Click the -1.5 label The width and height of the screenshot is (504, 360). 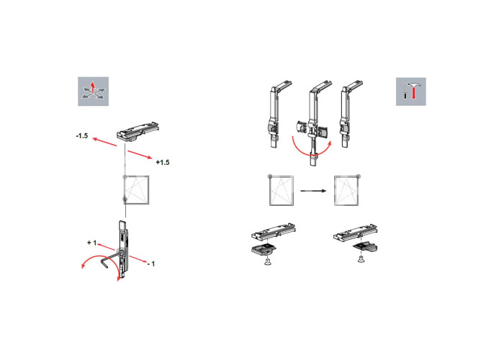point(82,136)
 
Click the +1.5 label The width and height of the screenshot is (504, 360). point(163,162)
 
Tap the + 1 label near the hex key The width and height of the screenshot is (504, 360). point(91,243)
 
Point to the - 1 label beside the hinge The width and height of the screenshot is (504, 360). point(151,264)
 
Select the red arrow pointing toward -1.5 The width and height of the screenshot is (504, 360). point(104,142)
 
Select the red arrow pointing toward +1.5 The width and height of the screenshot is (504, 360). point(140,154)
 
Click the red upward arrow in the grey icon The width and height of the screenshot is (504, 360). point(93,87)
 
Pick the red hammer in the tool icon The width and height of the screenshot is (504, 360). point(414,90)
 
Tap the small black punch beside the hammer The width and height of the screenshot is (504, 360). point(405,96)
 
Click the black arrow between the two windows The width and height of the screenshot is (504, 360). point(313,191)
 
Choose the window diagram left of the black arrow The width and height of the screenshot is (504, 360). point(282,191)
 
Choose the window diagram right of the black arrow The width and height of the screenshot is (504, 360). point(346,191)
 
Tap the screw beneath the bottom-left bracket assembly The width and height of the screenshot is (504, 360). point(267,262)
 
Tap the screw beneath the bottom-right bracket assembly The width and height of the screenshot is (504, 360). point(361,258)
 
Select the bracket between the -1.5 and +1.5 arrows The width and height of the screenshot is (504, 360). point(138,132)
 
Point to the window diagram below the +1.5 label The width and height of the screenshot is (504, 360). point(137,190)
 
